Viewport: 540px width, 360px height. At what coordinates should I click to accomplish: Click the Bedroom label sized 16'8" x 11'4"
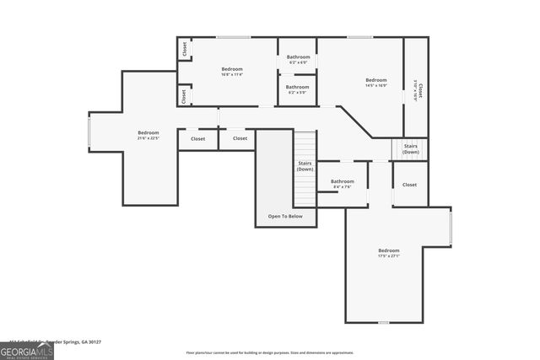click(232, 72)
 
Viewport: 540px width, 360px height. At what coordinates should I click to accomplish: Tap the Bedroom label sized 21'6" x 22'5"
click(148, 135)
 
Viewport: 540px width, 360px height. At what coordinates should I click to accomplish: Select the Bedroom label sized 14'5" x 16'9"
click(375, 83)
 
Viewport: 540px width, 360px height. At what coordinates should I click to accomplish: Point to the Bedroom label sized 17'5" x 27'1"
click(388, 254)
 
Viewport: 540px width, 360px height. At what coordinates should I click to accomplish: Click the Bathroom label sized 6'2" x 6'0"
click(297, 60)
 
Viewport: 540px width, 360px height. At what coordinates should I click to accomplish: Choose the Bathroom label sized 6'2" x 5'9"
click(297, 89)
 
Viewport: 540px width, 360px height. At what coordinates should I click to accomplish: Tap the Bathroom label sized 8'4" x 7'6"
click(342, 184)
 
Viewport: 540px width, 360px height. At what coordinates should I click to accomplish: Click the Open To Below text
click(285, 217)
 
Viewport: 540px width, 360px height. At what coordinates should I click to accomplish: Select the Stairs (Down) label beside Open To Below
click(305, 166)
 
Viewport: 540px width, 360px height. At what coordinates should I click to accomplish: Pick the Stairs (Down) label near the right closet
click(411, 149)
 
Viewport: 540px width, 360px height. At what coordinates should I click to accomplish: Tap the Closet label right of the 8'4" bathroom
click(409, 185)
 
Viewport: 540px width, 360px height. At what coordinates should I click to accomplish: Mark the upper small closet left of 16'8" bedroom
click(184, 50)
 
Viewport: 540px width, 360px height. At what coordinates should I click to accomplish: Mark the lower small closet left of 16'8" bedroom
click(184, 95)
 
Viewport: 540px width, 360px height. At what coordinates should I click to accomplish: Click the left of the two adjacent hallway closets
click(197, 138)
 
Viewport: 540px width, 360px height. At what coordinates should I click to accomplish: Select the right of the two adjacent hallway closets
click(240, 138)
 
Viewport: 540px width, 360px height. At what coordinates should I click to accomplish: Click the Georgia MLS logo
click(27, 351)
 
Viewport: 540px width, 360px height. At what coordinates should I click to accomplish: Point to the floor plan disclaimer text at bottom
click(269, 352)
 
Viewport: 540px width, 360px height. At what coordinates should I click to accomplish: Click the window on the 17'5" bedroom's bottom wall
click(383, 322)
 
